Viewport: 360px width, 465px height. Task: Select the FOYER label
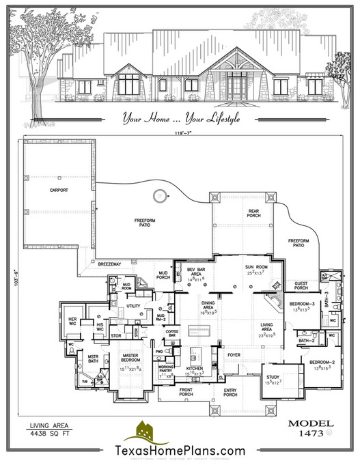pyautogui.click(x=234, y=354)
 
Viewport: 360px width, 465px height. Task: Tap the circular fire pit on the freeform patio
pyautogui.click(x=159, y=195)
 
